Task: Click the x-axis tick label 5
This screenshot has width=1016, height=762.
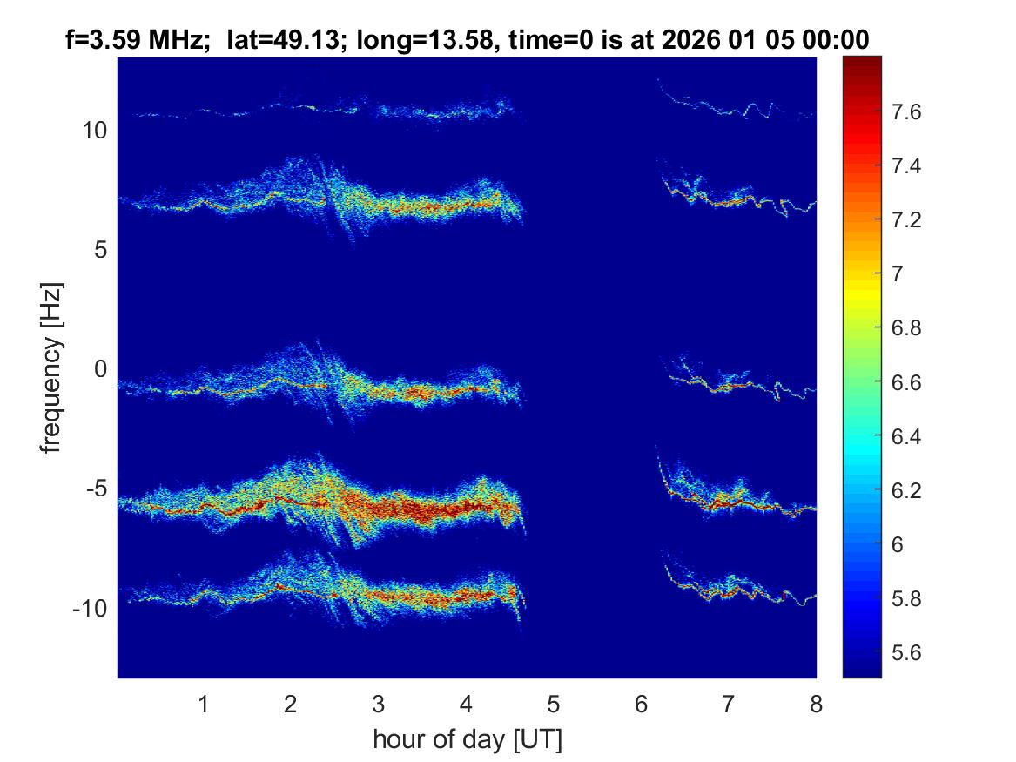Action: pos(553,705)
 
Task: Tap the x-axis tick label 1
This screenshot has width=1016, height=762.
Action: pos(203,705)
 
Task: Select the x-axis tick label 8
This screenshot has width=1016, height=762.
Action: pos(816,705)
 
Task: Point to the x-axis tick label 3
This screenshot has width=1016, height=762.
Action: pos(378,705)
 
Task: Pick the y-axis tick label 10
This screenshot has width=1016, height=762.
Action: pos(95,131)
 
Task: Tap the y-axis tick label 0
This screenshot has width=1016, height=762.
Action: pos(100,369)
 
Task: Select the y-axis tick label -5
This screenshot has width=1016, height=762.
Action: pos(97,489)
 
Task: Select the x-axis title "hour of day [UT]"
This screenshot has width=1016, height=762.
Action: pos(467,740)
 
